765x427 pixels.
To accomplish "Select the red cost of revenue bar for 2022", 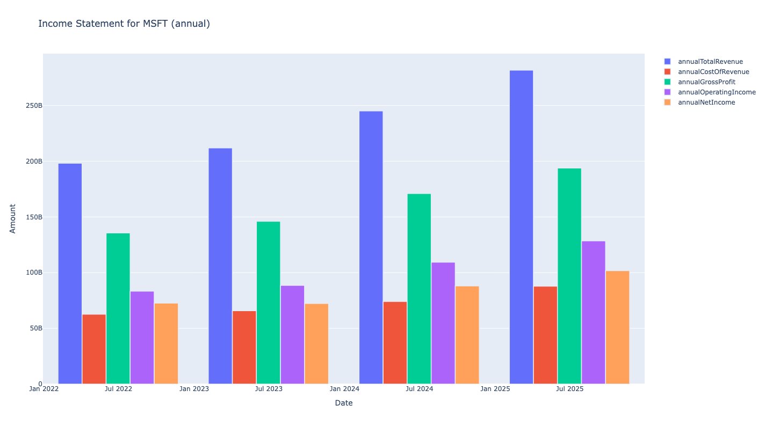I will (94, 349).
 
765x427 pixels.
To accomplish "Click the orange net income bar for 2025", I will (617, 327).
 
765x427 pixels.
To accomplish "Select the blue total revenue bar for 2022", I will (70, 274).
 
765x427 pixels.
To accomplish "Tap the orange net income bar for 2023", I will (316, 344).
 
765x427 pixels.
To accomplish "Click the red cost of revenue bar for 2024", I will (395, 343).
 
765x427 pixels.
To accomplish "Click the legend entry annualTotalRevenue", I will (710, 62).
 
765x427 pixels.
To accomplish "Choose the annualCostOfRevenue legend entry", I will (713, 72).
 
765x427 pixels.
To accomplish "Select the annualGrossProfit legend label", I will (706, 82).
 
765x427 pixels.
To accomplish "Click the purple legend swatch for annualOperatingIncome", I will (667, 92).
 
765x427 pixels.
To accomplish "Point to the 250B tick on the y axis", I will (33, 106).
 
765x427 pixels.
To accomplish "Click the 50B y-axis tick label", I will (35, 328).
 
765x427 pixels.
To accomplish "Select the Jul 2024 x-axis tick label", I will (419, 388).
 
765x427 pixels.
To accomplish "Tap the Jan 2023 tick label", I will (194, 388).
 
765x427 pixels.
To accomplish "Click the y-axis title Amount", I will (13, 218).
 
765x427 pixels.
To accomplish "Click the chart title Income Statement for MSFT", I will (124, 24).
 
